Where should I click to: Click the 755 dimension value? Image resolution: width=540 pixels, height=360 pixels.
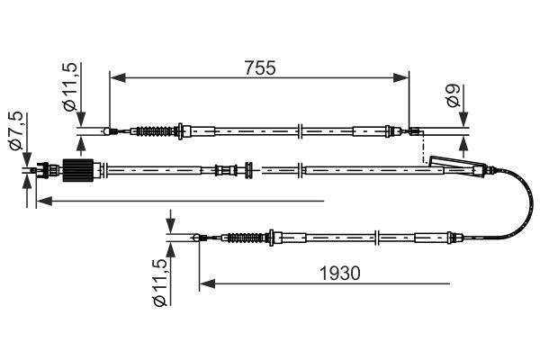(x=258, y=67)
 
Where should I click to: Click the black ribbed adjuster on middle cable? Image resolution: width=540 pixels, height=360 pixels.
(x=80, y=168)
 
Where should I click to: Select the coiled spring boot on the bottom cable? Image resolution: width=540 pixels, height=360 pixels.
(x=243, y=238)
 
